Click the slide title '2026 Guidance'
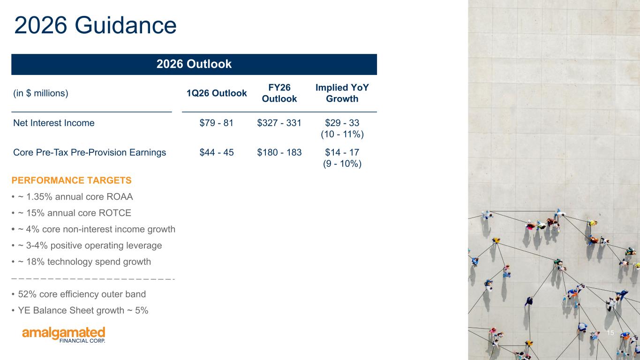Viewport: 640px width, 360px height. tap(96, 25)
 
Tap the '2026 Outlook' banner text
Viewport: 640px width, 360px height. tap(194, 64)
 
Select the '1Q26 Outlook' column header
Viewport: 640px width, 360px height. tap(217, 93)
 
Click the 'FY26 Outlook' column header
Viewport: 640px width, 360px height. tap(279, 93)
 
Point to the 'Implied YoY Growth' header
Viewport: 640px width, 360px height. tap(342, 93)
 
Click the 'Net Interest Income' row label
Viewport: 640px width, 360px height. tap(54, 123)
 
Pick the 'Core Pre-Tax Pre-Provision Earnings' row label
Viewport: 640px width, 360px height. tap(90, 152)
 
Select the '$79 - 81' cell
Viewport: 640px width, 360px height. tap(217, 123)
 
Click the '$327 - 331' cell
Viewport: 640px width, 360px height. tap(279, 123)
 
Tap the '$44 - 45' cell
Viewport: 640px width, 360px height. tap(217, 152)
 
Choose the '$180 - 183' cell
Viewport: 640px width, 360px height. tap(279, 152)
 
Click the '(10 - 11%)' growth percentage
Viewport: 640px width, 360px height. tap(342, 134)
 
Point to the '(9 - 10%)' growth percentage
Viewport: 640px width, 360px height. tap(342, 164)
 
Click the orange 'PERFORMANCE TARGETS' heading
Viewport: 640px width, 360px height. tap(71, 180)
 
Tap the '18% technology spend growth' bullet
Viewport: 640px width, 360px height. tap(84, 262)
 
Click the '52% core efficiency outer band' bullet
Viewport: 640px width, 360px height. tap(82, 294)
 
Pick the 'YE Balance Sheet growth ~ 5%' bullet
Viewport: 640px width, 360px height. tap(83, 310)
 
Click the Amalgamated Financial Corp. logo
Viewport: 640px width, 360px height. tap(64, 335)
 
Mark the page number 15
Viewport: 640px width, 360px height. tap(610, 333)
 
